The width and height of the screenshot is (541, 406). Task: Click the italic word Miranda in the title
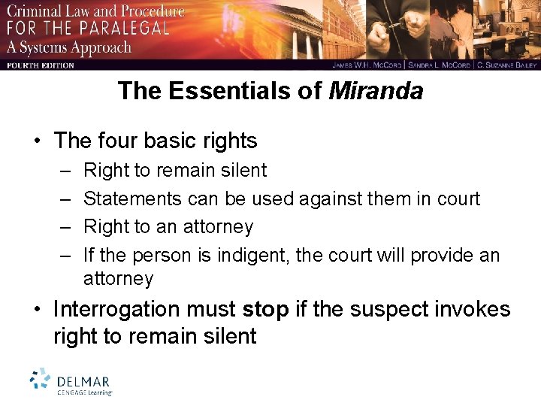click(376, 92)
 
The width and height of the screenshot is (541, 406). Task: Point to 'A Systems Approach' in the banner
click(69, 47)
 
